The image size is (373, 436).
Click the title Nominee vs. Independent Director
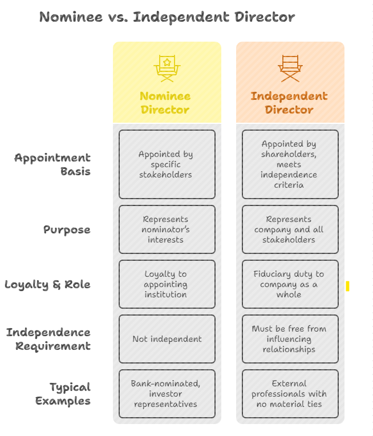[167, 17]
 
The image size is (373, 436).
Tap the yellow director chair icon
[167, 68]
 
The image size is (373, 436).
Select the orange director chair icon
[290, 68]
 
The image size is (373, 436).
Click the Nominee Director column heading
[165, 103]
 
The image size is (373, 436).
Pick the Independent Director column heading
[289, 103]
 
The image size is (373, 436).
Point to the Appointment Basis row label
[52, 164]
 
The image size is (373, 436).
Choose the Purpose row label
[67, 230]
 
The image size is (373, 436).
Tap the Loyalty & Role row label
[47, 284]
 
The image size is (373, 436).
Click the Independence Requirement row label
[48, 339]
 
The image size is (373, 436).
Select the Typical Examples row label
[63, 394]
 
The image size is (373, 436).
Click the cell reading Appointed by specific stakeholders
[167, 164]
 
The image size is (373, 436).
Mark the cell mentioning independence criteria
[290, 164]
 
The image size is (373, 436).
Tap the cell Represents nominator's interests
[167, 229]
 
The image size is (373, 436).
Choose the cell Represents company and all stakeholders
[290, 229]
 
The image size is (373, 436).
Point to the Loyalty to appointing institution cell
[167, 284]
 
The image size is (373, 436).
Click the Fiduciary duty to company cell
[290, 284]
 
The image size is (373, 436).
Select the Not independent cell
[167, 339]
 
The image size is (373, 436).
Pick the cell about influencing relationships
[290, 339]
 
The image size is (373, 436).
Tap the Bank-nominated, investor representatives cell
[167, 394]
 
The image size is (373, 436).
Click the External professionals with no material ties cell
[290, 394]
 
